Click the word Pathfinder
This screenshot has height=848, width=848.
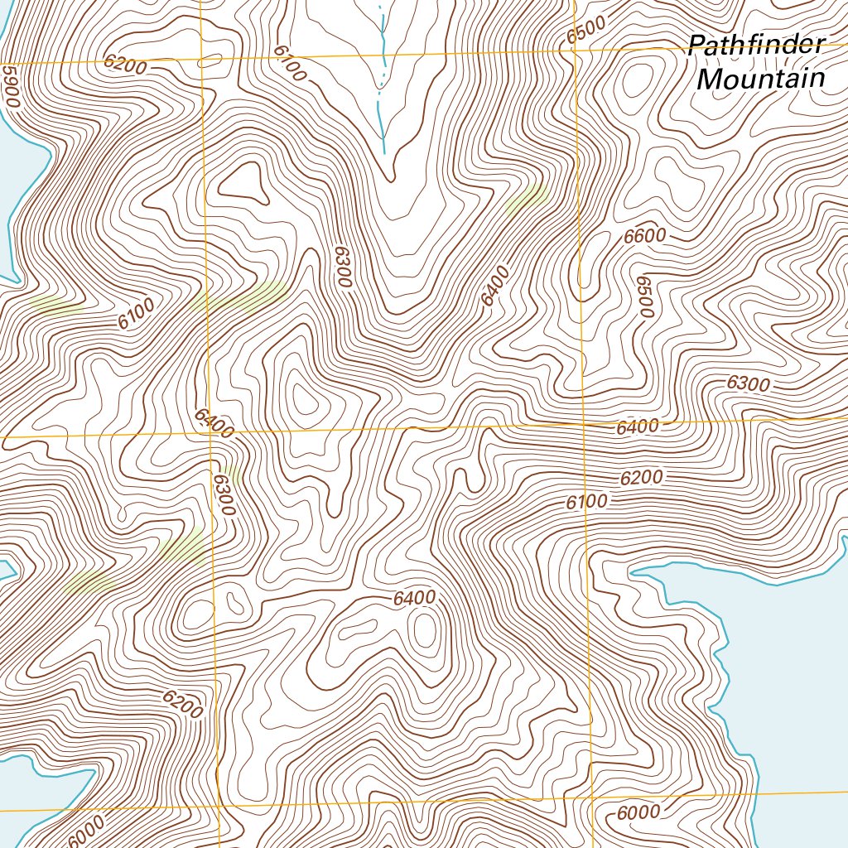pos(756,46)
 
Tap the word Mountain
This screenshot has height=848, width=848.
pos(761,79)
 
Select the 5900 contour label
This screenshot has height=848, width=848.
pos(10,86)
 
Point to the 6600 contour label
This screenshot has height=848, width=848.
pos(644,235)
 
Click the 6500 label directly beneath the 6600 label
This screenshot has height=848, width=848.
pos(645,296)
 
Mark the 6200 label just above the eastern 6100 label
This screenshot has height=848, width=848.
pos(641,478)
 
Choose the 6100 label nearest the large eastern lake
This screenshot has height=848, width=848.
pos(587,502)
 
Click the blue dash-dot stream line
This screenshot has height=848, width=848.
pos(382,75)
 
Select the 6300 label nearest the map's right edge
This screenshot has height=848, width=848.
pos(747,384)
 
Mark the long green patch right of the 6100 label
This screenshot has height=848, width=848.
pos(238,296)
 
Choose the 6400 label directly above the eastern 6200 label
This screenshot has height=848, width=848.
pos(638,427)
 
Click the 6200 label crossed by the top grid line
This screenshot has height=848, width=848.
pos(126,63)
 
